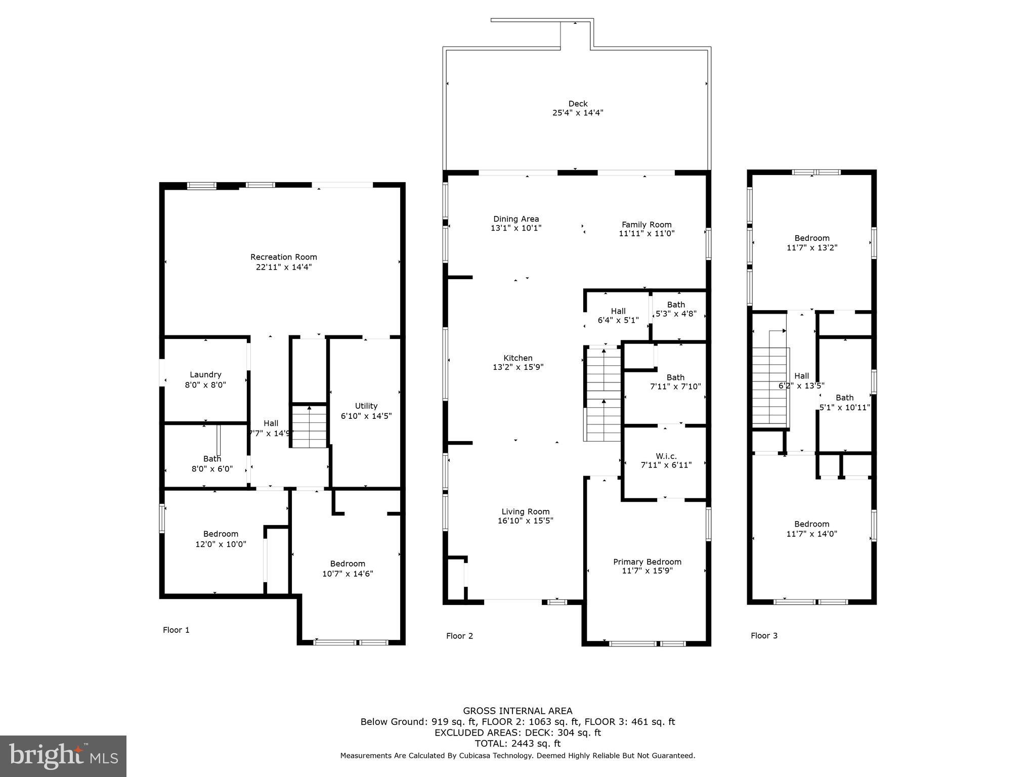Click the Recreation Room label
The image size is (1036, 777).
pyautogui.click(x=283, y=257)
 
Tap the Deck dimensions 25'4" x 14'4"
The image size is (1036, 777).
pyautogui.click(x=578, y=113)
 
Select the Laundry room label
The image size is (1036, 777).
pyautogui.click(x=205, y=375)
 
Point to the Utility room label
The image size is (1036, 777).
pyautogui.click(x=366, y=406)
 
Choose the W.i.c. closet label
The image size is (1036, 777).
pyautogui.click(x=666, y=456)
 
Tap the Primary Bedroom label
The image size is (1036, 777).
pyautogui.click(x=647, y=562)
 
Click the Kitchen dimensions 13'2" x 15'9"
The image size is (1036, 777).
pyautogui.click(x=518, y=368)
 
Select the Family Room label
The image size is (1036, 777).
pyautogui.click(x=646, y=225)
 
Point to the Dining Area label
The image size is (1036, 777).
pyautogui.click(x=516, y=219)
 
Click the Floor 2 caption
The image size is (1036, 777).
pyautogui.click(x=459, y=636)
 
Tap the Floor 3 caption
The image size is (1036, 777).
pyautogui.click(x=764, y=636)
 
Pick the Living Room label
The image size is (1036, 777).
pyautogui.click(x=525, y=512)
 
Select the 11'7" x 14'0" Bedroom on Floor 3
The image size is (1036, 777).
pyautogui.click(x=811, y=529)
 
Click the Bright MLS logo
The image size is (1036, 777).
pyautogui.click(x=63, y=756)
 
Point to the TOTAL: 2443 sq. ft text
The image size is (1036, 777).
pyautogui.click(x=517, y=744)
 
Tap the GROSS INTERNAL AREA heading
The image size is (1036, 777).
pyautogui.click(x=517, y=711)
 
